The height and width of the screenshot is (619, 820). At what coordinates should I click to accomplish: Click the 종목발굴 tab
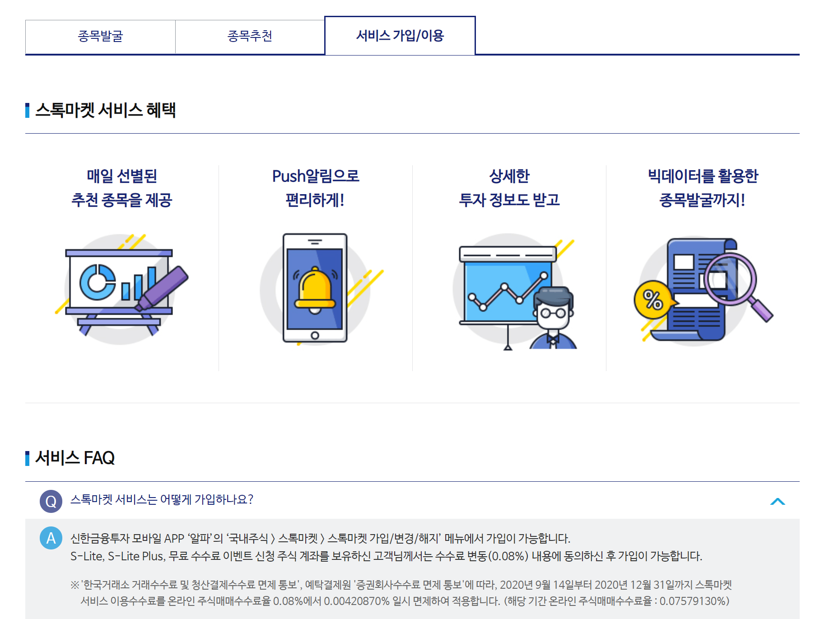pyautogui.click(x=100, y=36)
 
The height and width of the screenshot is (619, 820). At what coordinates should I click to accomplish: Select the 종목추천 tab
pyautogui.click(x=250, y=36)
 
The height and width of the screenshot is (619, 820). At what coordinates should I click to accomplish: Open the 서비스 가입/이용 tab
pyautogui.click(x=400, y=36)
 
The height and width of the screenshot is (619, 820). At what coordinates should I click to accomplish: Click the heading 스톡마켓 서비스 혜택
pyautogui.click(x=105, y=110)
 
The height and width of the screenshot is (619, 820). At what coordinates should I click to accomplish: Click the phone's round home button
pyautogui.click(x=315, y=335)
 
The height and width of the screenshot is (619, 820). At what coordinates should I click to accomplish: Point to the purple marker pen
pyautogui.click(x=163, y=287)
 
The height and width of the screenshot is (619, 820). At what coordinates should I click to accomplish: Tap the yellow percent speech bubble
pyautogui.click(x=652, y=299)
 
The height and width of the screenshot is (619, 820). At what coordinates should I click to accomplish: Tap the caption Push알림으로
pyautogui.click(x=316, y=176)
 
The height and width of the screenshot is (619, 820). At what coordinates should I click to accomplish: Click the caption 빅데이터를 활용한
pyautogui.click(x=703, y=176)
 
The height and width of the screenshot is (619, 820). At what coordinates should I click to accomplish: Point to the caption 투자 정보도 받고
pyautogui.click(x=509, y=200)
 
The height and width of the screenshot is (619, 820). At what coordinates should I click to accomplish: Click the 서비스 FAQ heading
pyautogui.click(x=75, y=458)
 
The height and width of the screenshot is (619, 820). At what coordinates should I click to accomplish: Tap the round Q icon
pyautogui.click(x=51, y=501)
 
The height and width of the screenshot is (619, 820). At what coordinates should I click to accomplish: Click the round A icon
pyautogui.click(x=51, y=538)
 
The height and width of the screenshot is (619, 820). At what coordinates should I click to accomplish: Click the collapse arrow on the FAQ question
pyautogui.click(x=778, y=501)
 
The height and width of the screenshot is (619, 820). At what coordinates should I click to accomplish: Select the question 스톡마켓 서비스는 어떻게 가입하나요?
pyautogui.click(x=162, y=499)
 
